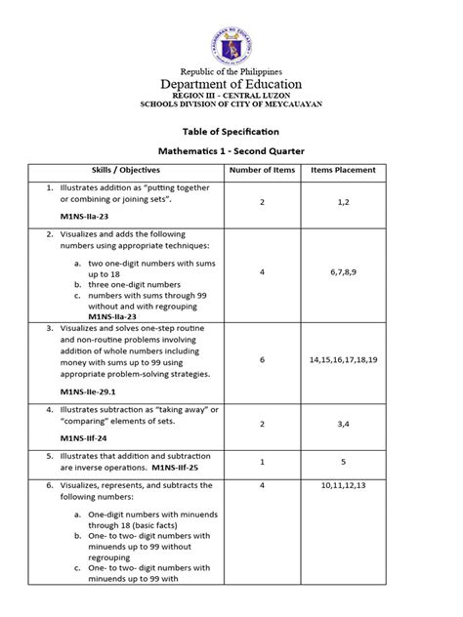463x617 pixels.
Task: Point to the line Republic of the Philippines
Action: tap(231, 71)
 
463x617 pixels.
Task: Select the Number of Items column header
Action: tap(262, 170)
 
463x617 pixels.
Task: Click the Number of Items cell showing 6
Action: tap(262, 359)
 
